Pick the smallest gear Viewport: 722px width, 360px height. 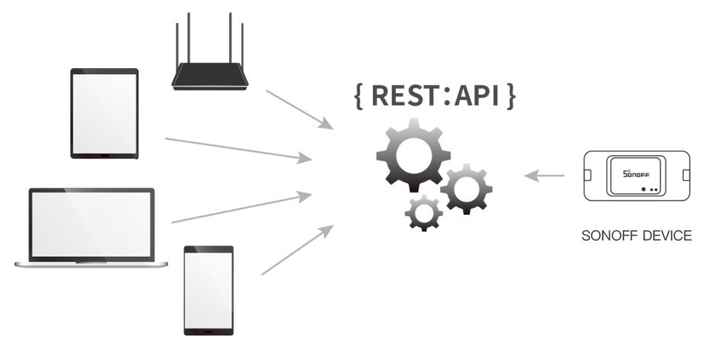(422, 212)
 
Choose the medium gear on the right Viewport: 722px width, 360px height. (465, 187)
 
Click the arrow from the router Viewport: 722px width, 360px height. (299, 109)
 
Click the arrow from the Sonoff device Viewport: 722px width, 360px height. (544, 177)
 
